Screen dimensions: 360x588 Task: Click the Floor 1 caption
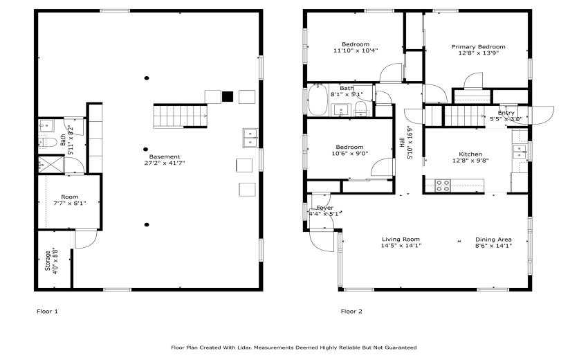tap(47, 312)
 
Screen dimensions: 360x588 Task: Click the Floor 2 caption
tap(351, 312)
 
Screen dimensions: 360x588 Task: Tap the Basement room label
tap(165, 157)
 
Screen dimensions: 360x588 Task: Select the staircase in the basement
tap(180, 115)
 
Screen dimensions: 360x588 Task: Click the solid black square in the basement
tap(228, 96)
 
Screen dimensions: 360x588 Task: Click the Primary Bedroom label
tap(478, 47)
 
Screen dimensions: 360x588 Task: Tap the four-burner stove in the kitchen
tap(441, 185)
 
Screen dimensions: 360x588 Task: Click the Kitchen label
tap(470, 154)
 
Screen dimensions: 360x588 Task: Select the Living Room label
tap(401, 240)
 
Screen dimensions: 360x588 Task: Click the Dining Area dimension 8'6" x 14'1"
tap(493, 246)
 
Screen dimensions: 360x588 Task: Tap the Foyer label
tap(324, 208)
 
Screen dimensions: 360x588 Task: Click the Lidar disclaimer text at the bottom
tap(294, 348)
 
